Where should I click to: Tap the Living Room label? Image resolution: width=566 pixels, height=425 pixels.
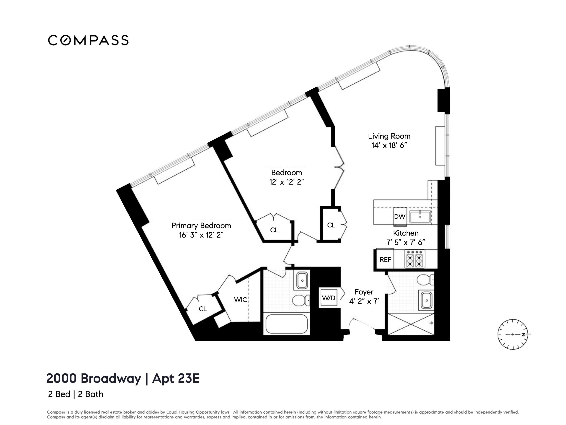(389, 136)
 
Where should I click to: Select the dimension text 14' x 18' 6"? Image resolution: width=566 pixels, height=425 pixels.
(389, 145)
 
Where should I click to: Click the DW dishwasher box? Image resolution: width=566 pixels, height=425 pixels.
(399, 217)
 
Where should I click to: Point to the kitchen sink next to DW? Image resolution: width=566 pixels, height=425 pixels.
(420, 217)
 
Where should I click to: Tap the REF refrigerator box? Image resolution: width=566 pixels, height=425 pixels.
(385, 260)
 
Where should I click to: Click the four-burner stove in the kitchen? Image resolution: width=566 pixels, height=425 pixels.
(414, 259)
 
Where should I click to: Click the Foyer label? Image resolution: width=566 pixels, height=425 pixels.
(364, 292)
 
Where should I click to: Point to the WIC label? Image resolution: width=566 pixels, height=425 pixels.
(240, 299)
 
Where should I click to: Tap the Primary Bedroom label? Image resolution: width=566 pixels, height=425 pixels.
(201, 225)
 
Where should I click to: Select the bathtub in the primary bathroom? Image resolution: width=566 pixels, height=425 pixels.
(287, 324)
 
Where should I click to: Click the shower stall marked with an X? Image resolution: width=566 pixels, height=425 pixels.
(411, 324)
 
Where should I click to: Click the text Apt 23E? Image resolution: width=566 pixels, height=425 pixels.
(176, 378)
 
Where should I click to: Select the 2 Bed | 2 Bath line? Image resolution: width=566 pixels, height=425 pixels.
(75, 394)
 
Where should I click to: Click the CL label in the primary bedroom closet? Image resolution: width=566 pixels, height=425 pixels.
(203, 309)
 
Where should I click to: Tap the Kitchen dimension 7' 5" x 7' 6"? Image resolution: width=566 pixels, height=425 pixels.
(406, 242)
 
